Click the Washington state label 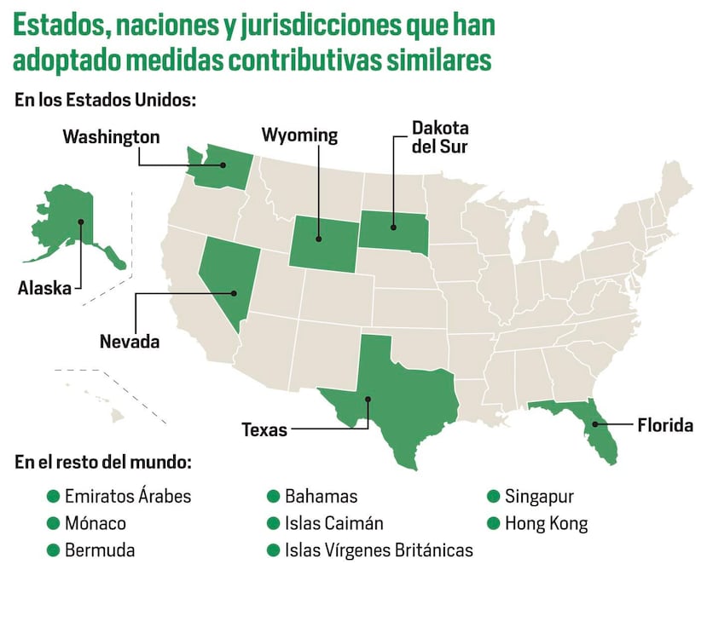[x=111, y=136]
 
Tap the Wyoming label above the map [x=299, y=135]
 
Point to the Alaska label [x=44, y=288]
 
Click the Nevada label [x=130, y=342]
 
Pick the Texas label [x=264, y=429]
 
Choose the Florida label [x=665, y=424]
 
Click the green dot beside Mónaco [x=54, y=523]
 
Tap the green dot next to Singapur [x=493, y=496]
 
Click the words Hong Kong [x=546, y=523]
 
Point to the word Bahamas [x=321, y=496]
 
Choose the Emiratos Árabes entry [x=128, y=496]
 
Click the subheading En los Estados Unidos [x=106, y=100]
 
